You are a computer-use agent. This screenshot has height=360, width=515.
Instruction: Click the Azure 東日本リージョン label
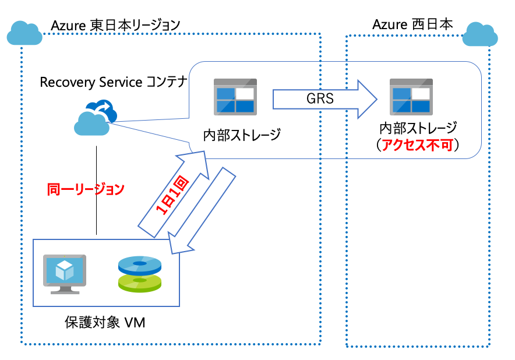[115, 25]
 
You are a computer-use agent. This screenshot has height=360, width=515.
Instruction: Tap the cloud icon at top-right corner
[481, 36]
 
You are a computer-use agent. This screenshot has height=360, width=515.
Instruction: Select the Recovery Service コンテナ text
[113, 82]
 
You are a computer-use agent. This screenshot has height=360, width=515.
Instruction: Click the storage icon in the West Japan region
[411, 96]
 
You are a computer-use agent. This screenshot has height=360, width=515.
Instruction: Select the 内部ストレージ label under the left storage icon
[242, 135]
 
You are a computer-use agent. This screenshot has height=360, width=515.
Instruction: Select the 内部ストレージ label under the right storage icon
[418, 128]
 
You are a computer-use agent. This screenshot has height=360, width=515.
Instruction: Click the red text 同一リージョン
[86, 189]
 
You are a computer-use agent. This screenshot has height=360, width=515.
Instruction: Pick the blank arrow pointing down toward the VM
[202, 213]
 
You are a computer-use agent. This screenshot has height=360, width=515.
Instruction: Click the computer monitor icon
[65, 273]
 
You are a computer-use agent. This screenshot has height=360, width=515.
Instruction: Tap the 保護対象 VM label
[104, 323]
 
